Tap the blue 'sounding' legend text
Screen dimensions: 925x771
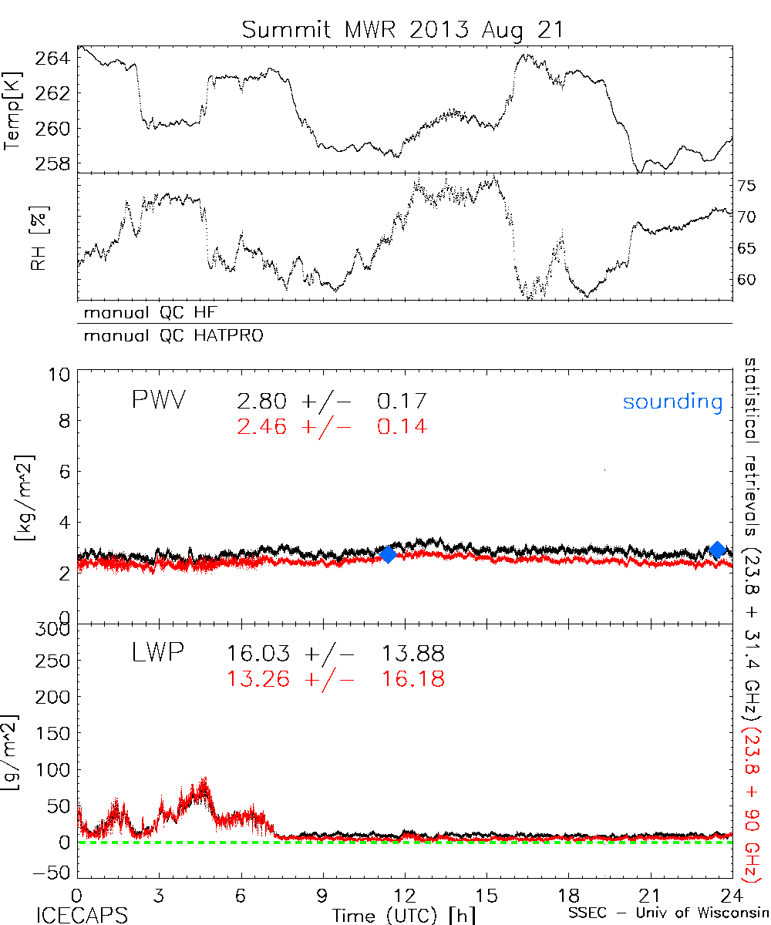pos(672,402)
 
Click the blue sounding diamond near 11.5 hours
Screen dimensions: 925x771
pos(388,553)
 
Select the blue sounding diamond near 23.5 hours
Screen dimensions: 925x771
pos(718,550)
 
